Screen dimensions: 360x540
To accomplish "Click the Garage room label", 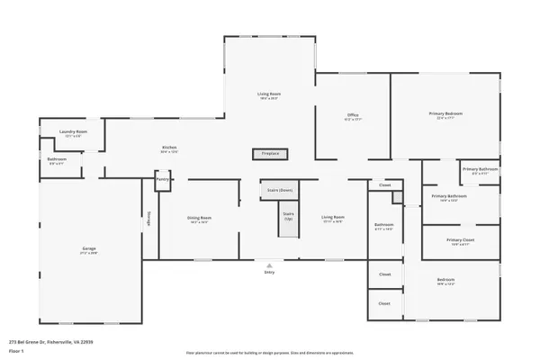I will [x=90, y=248].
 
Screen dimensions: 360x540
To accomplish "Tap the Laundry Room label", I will [x=74, y=132].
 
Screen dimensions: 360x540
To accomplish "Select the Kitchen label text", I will [x=169, y=148].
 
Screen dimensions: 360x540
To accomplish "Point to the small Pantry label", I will [x=163, y=179].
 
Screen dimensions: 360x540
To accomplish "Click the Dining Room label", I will [x=199, y=218].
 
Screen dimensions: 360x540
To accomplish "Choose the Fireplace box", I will [x=270, y=154].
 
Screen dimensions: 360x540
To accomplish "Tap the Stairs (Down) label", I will [x=279, y=190].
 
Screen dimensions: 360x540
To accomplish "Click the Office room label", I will [x=353, y=115].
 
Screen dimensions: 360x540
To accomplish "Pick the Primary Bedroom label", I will [x=445, y=114].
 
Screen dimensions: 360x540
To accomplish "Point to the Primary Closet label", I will [x=461, y=240].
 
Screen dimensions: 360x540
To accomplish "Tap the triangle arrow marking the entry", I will [x=269, y=265].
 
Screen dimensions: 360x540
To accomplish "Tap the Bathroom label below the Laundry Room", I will [x=57, y=160].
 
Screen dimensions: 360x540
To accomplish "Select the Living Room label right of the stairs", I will [x=333, y=218].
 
